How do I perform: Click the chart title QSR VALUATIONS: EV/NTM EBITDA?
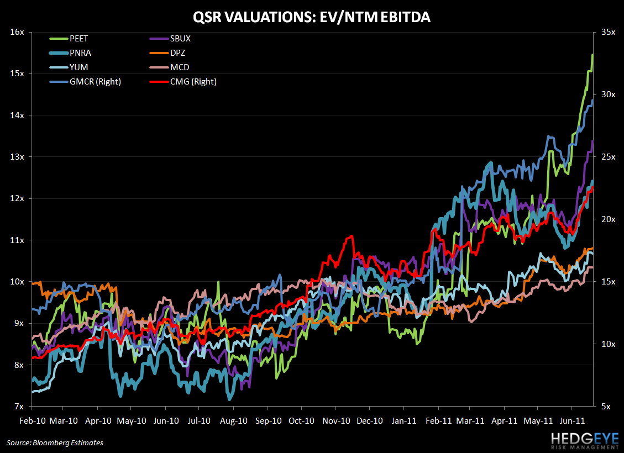pos(312,18)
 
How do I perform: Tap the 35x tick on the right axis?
pos(608,32)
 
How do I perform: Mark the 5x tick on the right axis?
pos(606,407)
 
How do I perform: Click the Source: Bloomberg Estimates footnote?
pos(55,443)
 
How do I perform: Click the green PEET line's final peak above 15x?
pos(592,55)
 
